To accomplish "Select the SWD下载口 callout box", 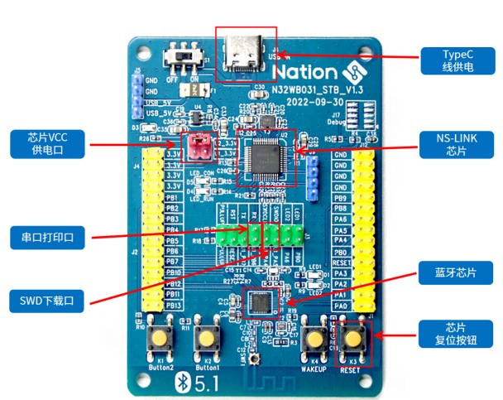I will click(48, 301).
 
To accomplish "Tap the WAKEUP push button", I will click(314, 339).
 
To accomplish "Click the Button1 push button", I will click(205, 339).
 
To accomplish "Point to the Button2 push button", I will click(160, 339).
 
